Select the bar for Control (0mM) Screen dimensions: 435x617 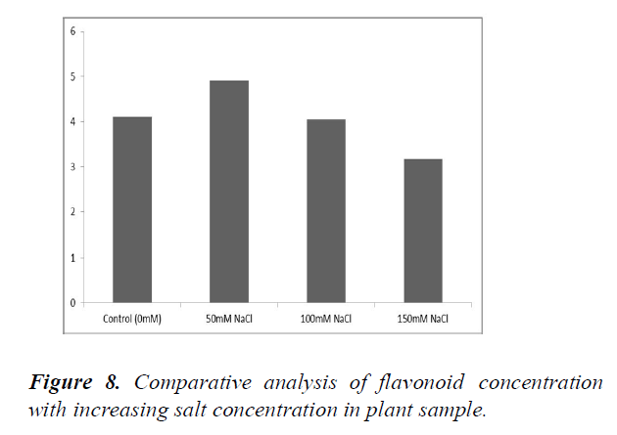point(132,209)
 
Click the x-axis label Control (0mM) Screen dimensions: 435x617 point(132,319)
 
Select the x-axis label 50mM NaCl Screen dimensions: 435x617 point(229,319)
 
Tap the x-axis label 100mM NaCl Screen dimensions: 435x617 point(326,319)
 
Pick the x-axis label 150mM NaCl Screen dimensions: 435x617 point(423,319)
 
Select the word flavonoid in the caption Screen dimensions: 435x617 point(416,383)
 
